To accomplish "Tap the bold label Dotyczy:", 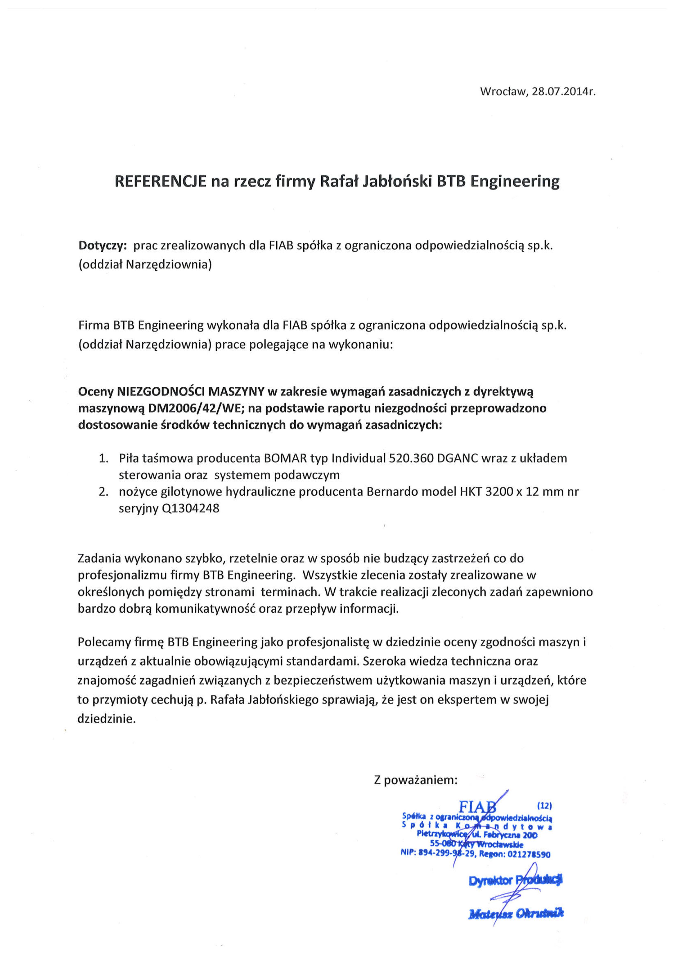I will pyautogui.click(x=103, y=246).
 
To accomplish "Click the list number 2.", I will pyautogui.click(x=104, y=492).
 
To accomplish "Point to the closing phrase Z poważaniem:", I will pyautogui.click(x=416, y=780).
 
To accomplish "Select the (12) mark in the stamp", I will pyautogui.click(x=545, y=806).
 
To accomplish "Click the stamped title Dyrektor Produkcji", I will pyautogui.click(x=515, y=880).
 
